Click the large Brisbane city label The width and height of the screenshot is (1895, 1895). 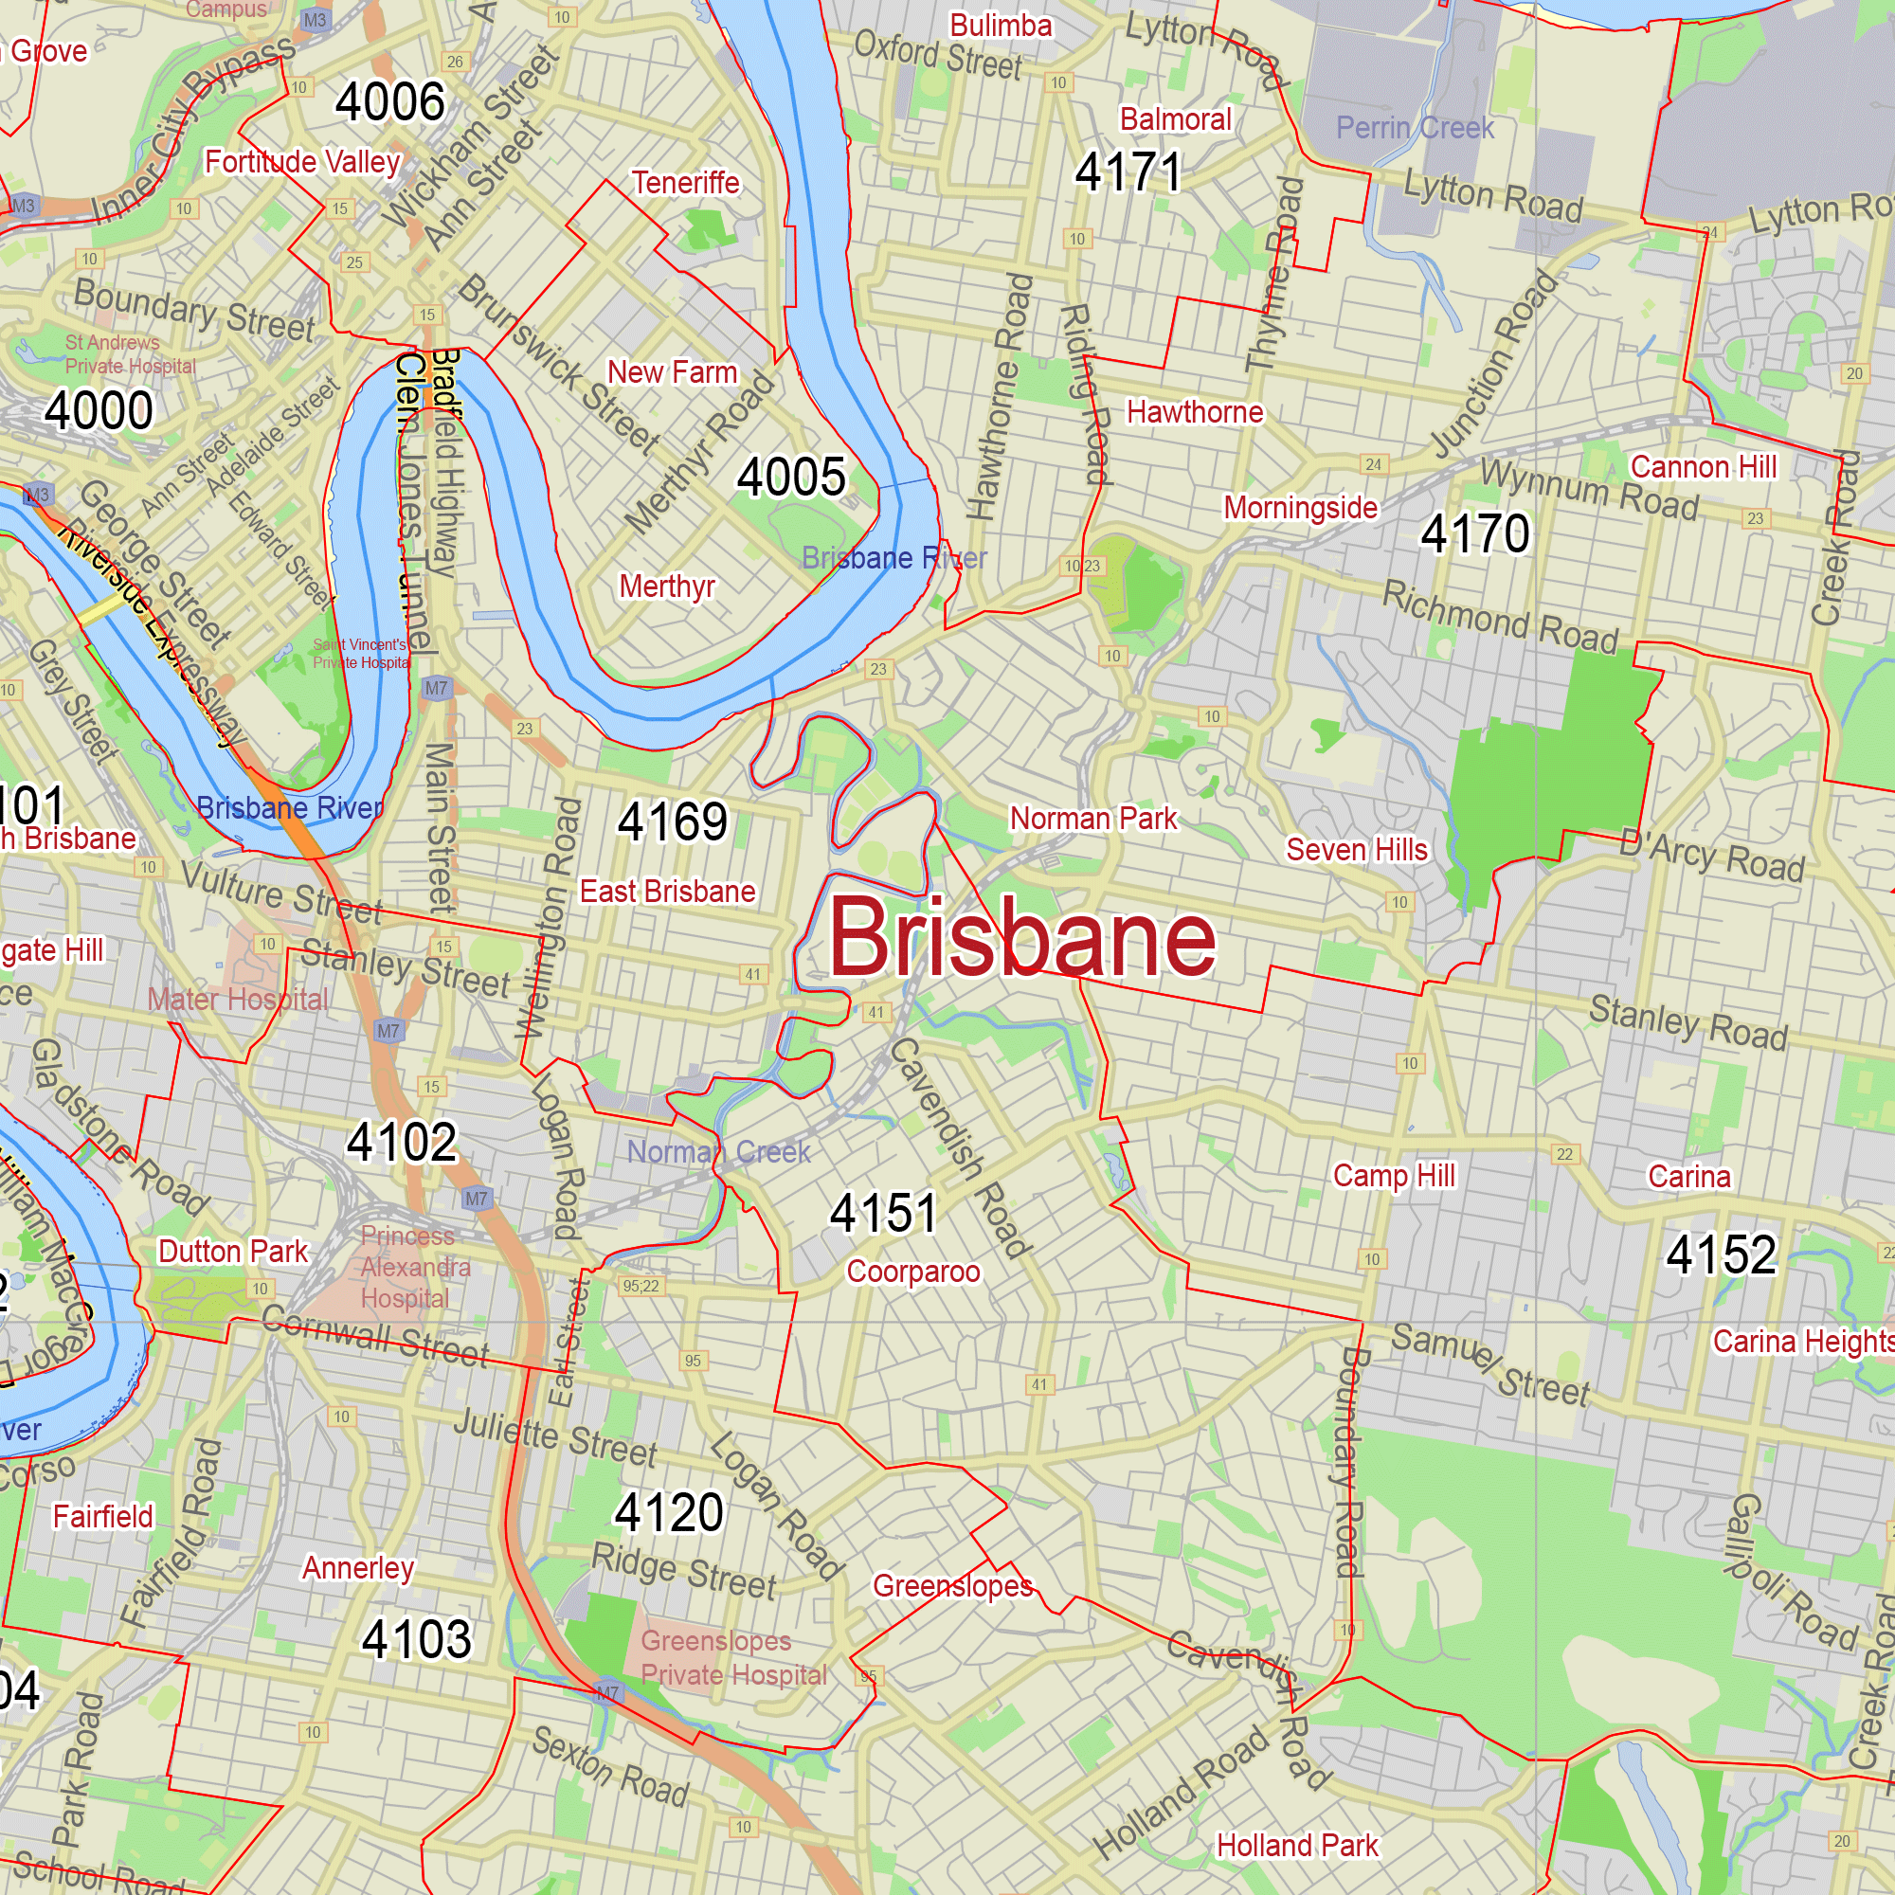pos(1022,939)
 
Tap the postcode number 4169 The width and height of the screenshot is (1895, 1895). pos(673,821)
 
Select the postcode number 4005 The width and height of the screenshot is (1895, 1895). pos(790,478)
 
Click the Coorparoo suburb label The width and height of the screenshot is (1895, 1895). pos(913,1272)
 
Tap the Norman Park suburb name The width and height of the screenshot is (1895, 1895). pos(1092,818)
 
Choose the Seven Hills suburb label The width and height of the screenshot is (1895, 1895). pos(1357,849)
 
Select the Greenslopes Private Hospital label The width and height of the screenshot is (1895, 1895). pos(733,1657)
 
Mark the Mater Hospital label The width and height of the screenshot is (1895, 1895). pos(239,1000)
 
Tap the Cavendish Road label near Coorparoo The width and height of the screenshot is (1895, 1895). pos(959,1147)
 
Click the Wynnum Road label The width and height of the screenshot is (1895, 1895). pos(1589,490)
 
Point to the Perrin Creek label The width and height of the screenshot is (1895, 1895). pos(1415,128)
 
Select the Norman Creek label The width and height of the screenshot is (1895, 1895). pos(719,1151)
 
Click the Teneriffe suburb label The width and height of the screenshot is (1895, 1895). pos(686,183)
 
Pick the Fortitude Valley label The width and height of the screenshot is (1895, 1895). pos(302,162)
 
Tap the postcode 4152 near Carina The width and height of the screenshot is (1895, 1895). pos(1722,1254)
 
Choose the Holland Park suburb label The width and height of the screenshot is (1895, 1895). pos(1297,1846)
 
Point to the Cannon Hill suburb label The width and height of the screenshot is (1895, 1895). pos(1703,467)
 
